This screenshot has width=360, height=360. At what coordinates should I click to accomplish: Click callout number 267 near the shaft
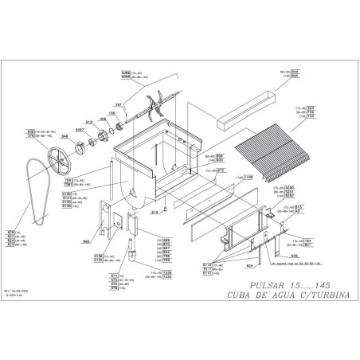(x=118, y=105)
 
